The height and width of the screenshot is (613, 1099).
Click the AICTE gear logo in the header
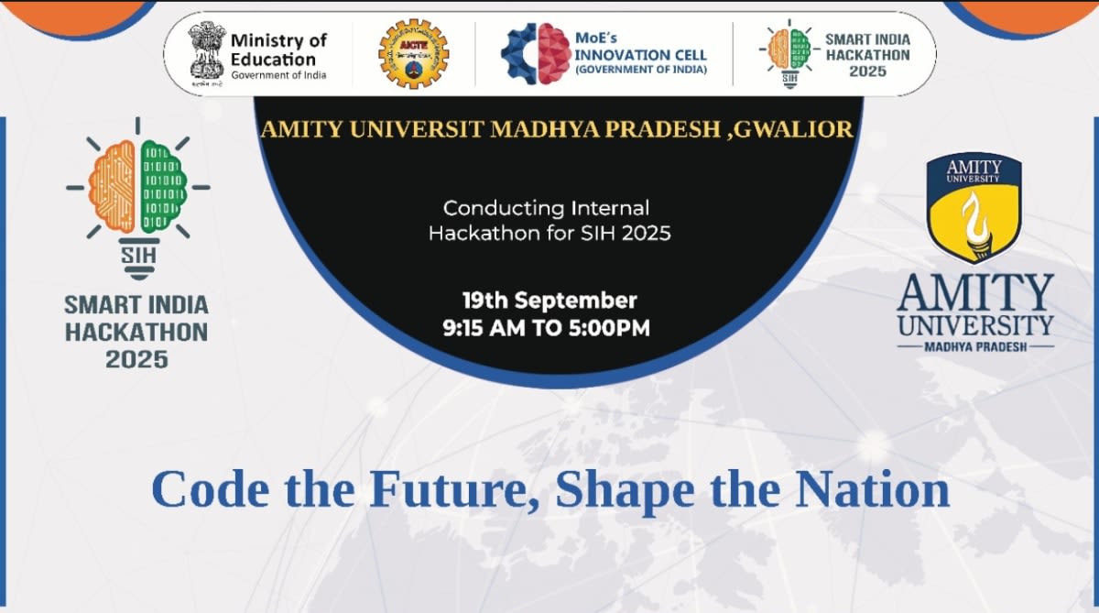413,53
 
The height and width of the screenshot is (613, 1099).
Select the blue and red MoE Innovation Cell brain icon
536,53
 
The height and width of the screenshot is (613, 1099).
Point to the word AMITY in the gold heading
298,129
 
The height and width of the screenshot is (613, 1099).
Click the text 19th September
549,300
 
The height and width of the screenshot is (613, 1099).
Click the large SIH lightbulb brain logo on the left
137,197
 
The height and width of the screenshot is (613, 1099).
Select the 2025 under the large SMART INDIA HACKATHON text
136,358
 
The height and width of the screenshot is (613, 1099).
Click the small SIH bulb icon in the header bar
789,53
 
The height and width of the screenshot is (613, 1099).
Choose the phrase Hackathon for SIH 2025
549,233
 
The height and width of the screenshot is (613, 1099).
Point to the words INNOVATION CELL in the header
640,55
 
